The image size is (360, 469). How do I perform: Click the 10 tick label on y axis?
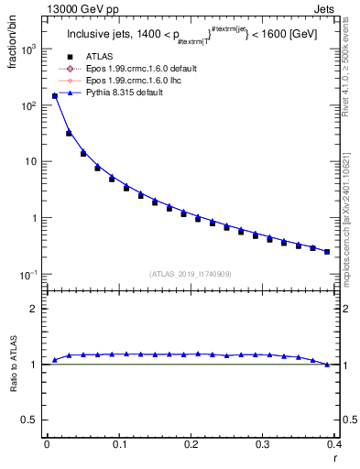pos(31,162)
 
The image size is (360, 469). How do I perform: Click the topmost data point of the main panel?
pos(54,95)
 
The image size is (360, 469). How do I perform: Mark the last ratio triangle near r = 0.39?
pos(327,365)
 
